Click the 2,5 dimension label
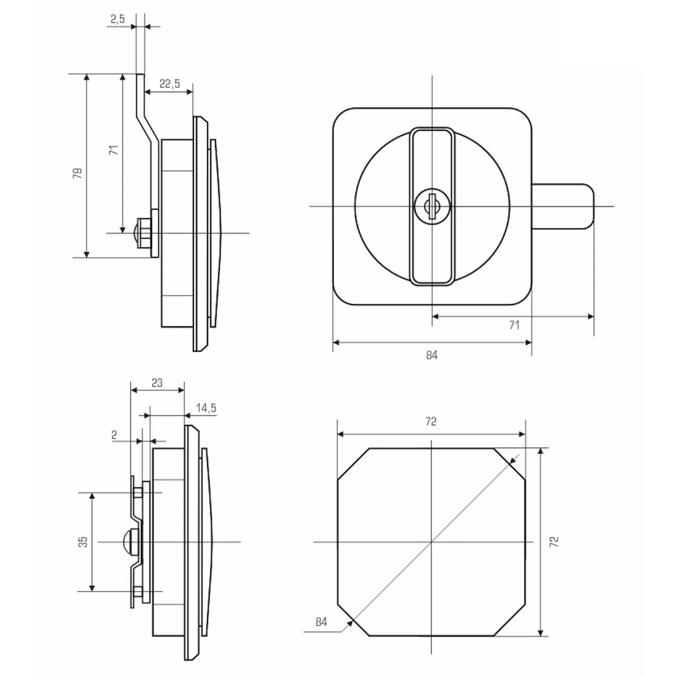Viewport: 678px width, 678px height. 118,19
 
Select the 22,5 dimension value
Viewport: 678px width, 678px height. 169,84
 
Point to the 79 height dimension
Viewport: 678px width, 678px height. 78,173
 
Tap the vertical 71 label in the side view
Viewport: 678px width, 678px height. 114,150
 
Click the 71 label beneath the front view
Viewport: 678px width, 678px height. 514,325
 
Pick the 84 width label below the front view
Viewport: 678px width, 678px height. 431,355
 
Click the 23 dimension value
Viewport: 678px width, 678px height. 157,383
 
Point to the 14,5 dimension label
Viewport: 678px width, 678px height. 206,408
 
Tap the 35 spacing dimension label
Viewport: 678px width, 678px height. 83,541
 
